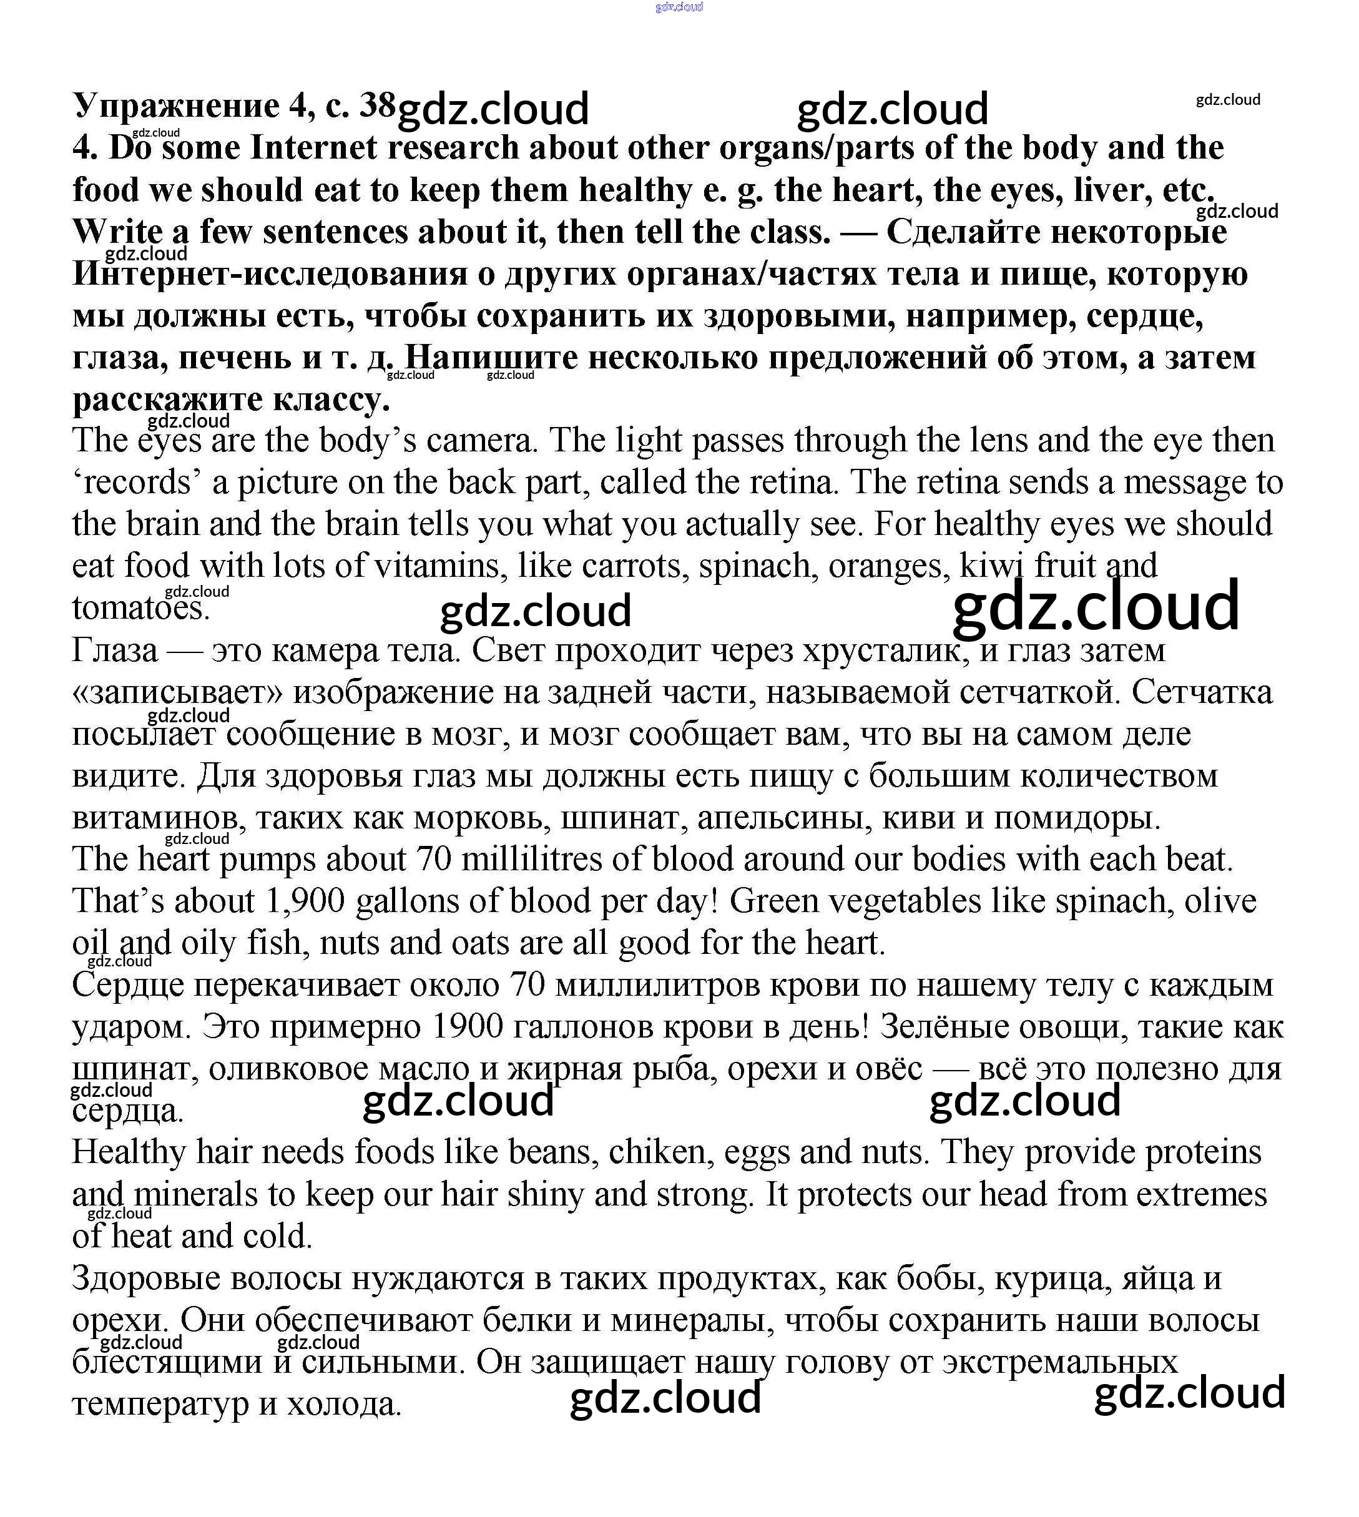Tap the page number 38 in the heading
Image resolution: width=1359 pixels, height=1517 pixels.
377,106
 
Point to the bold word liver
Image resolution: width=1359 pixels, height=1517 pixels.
1112,190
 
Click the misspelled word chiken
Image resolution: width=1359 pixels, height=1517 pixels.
657,1152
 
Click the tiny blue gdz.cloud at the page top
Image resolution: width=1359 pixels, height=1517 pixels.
679,7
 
